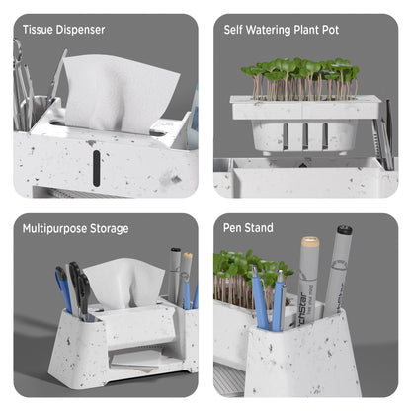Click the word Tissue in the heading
pos(38,30)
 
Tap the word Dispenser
pos(80,30)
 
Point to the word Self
pos(233,30)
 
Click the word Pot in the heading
pos(330,30)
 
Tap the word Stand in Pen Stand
pos(259,228)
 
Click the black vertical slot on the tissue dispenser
pos(96,167)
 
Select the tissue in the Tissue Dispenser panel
pos(119,91)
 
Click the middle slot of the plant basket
pos(305,136)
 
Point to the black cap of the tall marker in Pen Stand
pos(345,229)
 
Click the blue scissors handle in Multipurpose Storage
pos(63,288)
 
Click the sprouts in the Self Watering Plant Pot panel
pos(299,78)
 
